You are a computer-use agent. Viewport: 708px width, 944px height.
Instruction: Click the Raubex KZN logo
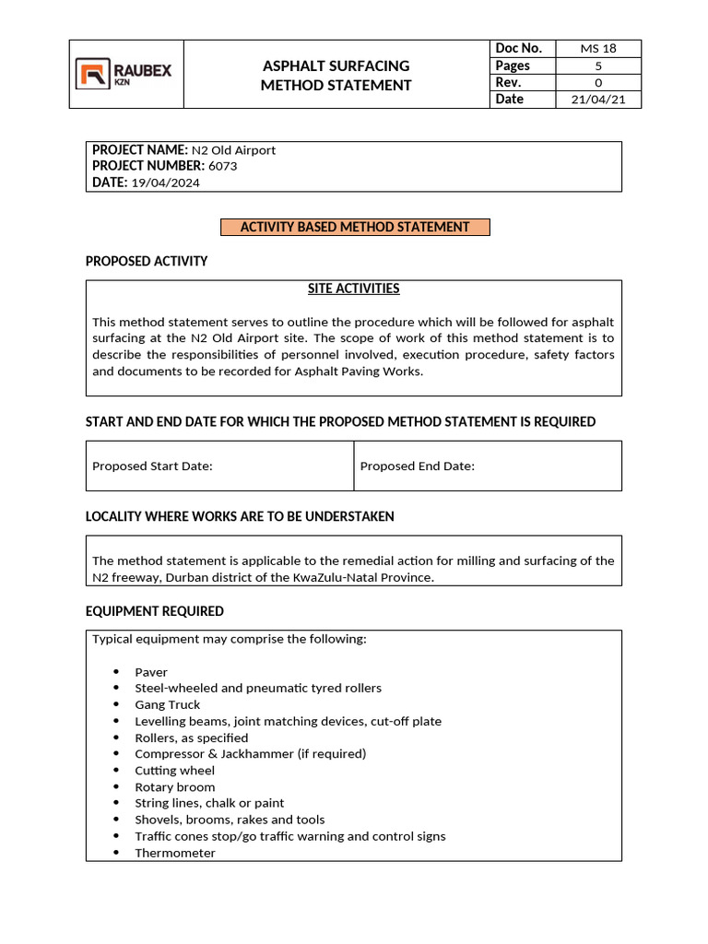[124, 75]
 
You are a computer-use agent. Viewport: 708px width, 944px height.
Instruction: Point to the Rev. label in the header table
[509, 82]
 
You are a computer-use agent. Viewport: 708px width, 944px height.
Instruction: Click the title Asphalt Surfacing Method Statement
[336, 76]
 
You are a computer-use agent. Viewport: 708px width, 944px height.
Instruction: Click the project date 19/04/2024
[165, 183]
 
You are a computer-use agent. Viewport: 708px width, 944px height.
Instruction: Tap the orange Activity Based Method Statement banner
[355, 227]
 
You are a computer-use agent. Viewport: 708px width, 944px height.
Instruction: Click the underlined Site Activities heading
[353, 289]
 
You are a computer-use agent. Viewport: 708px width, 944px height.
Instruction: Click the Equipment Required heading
[154, 611]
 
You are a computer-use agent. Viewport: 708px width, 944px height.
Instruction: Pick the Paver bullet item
[151, 672]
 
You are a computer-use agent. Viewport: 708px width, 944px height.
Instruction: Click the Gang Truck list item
[167, 704]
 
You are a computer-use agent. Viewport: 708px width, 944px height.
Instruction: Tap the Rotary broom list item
[174, 786]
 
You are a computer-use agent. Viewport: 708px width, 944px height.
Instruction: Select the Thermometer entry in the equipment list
[174, 853]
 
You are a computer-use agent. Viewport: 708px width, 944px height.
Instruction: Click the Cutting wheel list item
[174, 770]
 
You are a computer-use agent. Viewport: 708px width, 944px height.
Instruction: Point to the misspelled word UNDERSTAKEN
[352, 516]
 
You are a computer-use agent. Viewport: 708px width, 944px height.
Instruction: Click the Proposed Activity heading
[147, 261]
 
